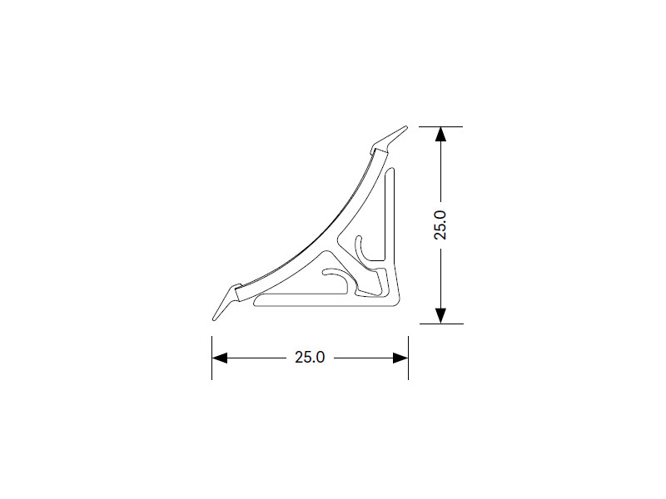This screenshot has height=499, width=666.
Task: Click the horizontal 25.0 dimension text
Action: [x=310, y=358]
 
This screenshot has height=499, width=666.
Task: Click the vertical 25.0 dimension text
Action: [x=440, y=225]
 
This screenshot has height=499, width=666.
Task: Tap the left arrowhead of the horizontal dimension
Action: [x=220, y=358]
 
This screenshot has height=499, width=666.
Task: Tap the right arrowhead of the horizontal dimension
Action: [x=400, y=358]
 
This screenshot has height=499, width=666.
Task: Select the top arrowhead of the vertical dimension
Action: [x=441, y=134]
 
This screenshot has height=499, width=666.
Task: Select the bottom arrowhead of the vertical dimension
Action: [x=441, y=316]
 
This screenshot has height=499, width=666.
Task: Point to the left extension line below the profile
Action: [x=212, y=358]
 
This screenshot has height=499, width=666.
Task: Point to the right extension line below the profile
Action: [x=408, y=358]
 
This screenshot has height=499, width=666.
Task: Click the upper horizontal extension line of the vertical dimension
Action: [x=440, y=126]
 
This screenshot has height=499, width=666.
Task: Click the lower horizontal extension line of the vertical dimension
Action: [x=441, y=324]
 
